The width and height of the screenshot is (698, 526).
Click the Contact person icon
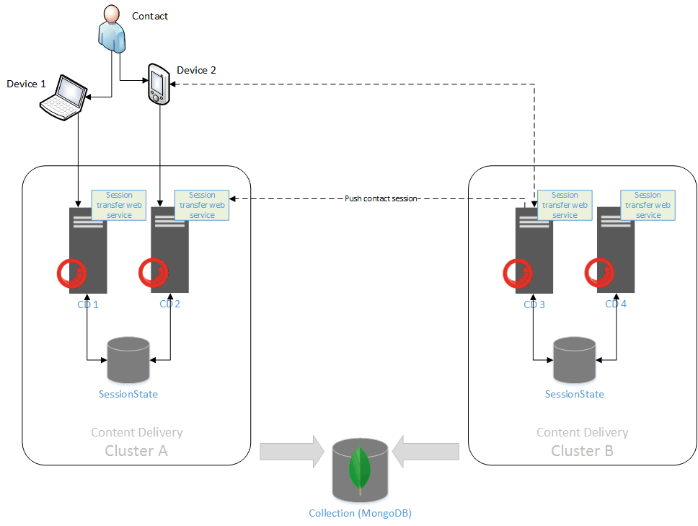click(x=111, y=29)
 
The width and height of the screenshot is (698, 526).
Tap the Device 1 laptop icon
click(x=63, y=95)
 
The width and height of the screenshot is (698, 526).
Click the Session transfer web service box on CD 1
click(x=119, y=205)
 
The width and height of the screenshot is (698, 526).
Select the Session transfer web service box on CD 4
click(x=648, y=205)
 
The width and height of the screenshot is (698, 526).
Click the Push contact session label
click(x=381, y=198)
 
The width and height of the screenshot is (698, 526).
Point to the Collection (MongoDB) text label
click(x=360, y=514)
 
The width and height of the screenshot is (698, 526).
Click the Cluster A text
click(x=136, y=451)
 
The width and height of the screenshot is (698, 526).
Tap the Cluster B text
click(x=582, y=451)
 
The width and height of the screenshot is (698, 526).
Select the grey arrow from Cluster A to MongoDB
click(x=291, y=451)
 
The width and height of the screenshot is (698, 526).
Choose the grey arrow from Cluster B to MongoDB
click(x=428, y=451)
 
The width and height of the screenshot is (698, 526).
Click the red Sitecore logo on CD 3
click(x=518, y=273)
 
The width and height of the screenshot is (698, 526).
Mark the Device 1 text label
click(x=26, y=84)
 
